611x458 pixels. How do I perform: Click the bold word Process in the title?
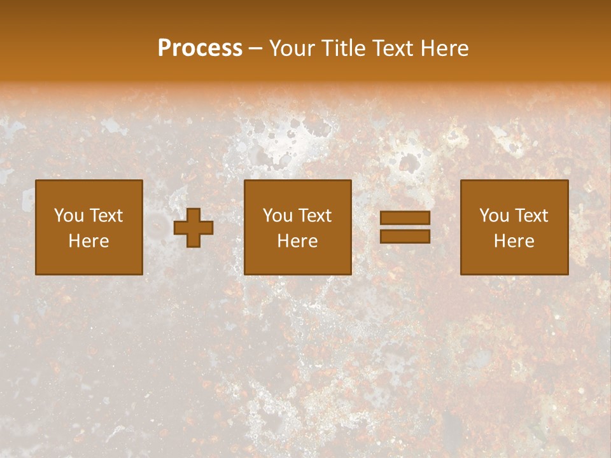200,48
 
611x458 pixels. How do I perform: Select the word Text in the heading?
395,48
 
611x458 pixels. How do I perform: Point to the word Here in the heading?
446,48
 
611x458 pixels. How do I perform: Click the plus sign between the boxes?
193,228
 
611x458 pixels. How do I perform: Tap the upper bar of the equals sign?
405,218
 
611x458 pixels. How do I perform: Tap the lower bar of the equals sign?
405,236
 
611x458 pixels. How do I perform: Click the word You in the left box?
69,216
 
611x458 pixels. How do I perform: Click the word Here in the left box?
89,241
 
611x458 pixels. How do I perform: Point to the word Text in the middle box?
315,216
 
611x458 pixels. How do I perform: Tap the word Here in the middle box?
298,241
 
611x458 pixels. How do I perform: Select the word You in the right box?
495,216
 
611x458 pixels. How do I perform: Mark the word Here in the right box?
514,241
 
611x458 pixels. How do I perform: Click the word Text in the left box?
106,216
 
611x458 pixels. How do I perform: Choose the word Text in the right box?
531,216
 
